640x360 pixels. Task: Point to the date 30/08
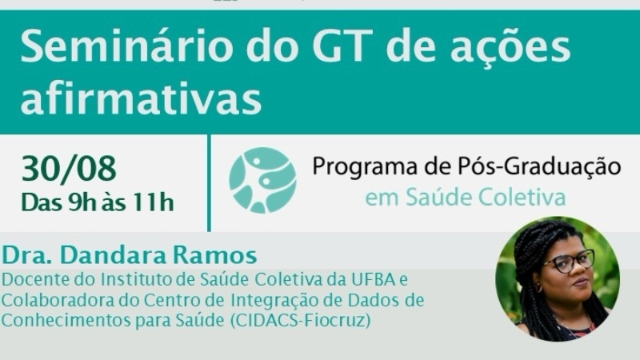(x=69, y=168)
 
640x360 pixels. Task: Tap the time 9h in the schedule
(x=82, y=202)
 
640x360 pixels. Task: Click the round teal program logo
(x=262, y=180)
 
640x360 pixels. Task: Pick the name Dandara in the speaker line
(x=114, y=255)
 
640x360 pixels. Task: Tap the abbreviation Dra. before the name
(x=28, y=255)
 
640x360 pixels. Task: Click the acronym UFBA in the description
(x=372, y=279)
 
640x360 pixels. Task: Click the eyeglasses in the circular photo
(x=569, y=262)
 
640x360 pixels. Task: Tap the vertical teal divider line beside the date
(x=210, y=183)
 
